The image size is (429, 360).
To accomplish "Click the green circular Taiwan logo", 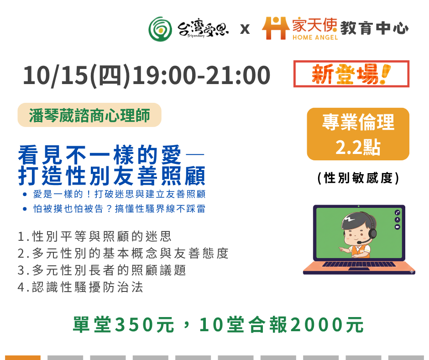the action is [x=160, y=29].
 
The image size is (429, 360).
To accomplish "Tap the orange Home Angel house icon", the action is [x=276, y=28].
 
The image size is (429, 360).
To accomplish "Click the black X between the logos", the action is [x=245, y=29].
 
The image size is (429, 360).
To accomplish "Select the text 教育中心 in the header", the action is [x=374, y=28].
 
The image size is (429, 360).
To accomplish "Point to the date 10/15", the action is [x=55, y=75].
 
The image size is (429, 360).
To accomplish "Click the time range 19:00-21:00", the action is [x=201, y=75].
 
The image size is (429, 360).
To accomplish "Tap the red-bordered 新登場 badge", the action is [x=351, y=74].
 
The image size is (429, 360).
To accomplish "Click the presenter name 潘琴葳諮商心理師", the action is [x=89, y=115].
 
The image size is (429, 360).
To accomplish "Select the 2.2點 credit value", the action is [x=358, y=147].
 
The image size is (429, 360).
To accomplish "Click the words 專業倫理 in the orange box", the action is [x=358, y=122].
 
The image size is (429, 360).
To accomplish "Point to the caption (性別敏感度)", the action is [x=358, y=178].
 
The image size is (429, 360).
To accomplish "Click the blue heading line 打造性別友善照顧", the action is [x=112, y=176].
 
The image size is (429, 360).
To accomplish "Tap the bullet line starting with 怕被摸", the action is [x=119, y=209].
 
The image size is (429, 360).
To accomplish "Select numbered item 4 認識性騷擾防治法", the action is [x=80, y=287].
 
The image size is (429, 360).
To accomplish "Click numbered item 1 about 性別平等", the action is [x=94, y=237].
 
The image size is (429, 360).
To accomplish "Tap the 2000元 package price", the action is [x=327, y=325].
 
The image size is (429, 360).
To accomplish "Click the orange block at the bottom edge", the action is [x=23, y=358].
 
